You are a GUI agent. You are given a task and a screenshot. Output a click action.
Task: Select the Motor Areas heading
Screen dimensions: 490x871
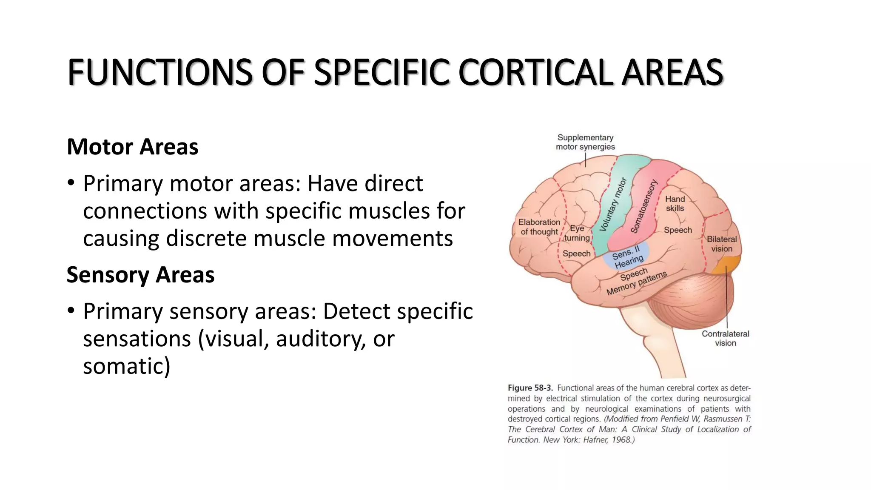point(132,147)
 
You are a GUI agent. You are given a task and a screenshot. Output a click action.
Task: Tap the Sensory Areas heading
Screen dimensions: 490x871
point(140,275)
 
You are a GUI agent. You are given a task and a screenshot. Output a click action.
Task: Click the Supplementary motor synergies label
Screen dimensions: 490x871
point(585,142)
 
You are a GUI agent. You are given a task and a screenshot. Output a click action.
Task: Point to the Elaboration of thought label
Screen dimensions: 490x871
point(539,227)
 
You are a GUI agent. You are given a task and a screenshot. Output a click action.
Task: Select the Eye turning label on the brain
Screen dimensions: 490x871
point(577,233)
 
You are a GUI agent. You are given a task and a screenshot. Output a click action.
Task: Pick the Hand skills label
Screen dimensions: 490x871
point(675,203)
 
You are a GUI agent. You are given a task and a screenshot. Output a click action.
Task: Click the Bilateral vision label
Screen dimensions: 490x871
point(722,244)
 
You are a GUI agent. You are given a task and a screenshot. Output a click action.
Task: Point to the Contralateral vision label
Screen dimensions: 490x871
point(725,338)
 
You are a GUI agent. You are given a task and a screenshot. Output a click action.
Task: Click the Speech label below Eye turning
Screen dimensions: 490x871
point(576,254)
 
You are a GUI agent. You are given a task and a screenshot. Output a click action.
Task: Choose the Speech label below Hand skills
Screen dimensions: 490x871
point(678,230)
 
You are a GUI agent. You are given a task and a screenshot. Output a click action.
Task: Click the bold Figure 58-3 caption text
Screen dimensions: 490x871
point(530,388)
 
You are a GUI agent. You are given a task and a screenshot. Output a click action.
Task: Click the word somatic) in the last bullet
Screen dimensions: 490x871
point(126,367)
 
